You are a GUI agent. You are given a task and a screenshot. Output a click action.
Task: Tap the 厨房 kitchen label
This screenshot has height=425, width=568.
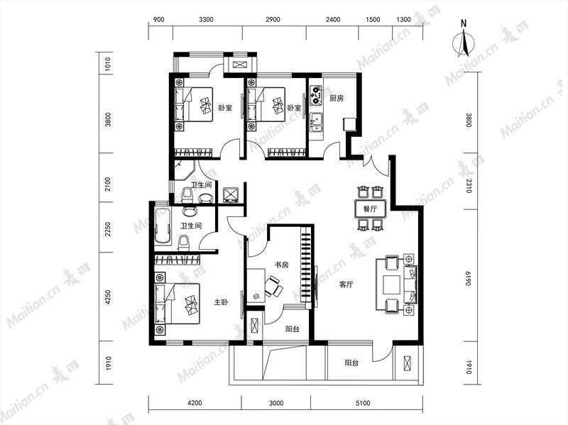click(337, 98)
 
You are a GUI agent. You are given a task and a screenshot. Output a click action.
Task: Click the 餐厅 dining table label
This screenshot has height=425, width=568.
click(370, 209)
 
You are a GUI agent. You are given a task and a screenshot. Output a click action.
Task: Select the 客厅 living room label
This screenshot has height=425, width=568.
click(346, 285)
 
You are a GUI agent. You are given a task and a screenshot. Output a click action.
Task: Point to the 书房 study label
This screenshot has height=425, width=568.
click(281, 265)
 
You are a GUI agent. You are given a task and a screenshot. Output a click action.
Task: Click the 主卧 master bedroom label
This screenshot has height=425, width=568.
click(221, 302)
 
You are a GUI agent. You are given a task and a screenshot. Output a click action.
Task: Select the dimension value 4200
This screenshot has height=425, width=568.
click(195, 403)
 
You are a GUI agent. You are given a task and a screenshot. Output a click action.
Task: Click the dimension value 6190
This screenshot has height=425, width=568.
click(469, 278)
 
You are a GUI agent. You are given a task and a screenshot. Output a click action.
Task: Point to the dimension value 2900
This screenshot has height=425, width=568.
click(273, 20)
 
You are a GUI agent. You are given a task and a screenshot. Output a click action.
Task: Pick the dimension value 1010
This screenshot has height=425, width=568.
click(108, 64)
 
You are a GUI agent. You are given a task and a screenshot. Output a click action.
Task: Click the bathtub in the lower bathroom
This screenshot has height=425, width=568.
click(163, 226)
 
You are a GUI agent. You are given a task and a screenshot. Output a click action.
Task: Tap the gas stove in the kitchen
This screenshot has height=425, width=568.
click(316, 94)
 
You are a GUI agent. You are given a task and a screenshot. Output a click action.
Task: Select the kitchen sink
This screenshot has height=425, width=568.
click(317, 122)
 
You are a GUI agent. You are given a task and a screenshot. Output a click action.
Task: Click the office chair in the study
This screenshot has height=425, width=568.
click(273, 286)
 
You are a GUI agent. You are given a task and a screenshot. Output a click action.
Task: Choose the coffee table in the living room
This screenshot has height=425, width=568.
click(392, 285)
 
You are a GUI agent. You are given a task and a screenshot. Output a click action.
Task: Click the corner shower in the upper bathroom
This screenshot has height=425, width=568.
click(185, 170)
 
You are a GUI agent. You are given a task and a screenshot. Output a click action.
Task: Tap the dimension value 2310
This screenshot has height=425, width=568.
click(469, 185)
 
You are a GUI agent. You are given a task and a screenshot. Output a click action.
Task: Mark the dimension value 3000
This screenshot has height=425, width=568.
click(276, 403)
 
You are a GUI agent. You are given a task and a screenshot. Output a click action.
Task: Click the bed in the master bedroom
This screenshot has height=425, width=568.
click(177, 304)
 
